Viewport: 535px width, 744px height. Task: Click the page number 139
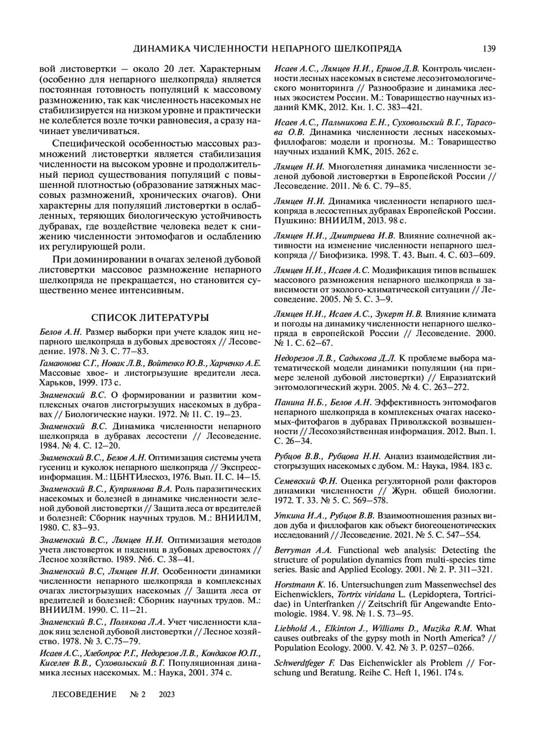click(489, 49)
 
